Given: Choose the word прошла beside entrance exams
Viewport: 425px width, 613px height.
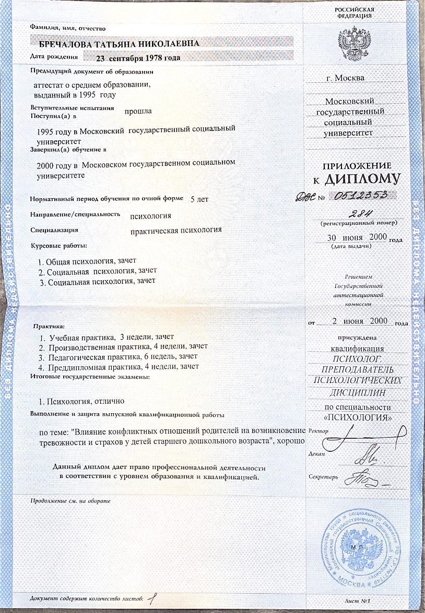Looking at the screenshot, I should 138,111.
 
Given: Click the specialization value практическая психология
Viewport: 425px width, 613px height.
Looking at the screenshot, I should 176,230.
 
